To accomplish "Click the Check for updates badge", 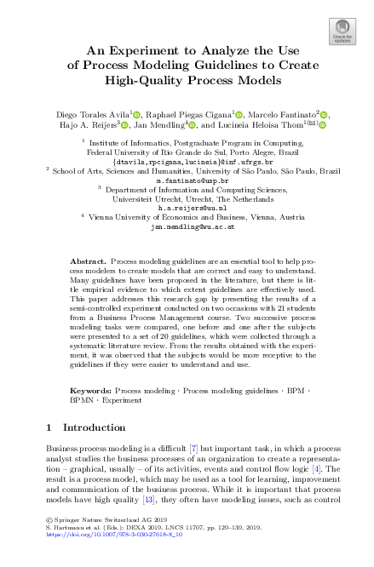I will coord(342,35).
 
